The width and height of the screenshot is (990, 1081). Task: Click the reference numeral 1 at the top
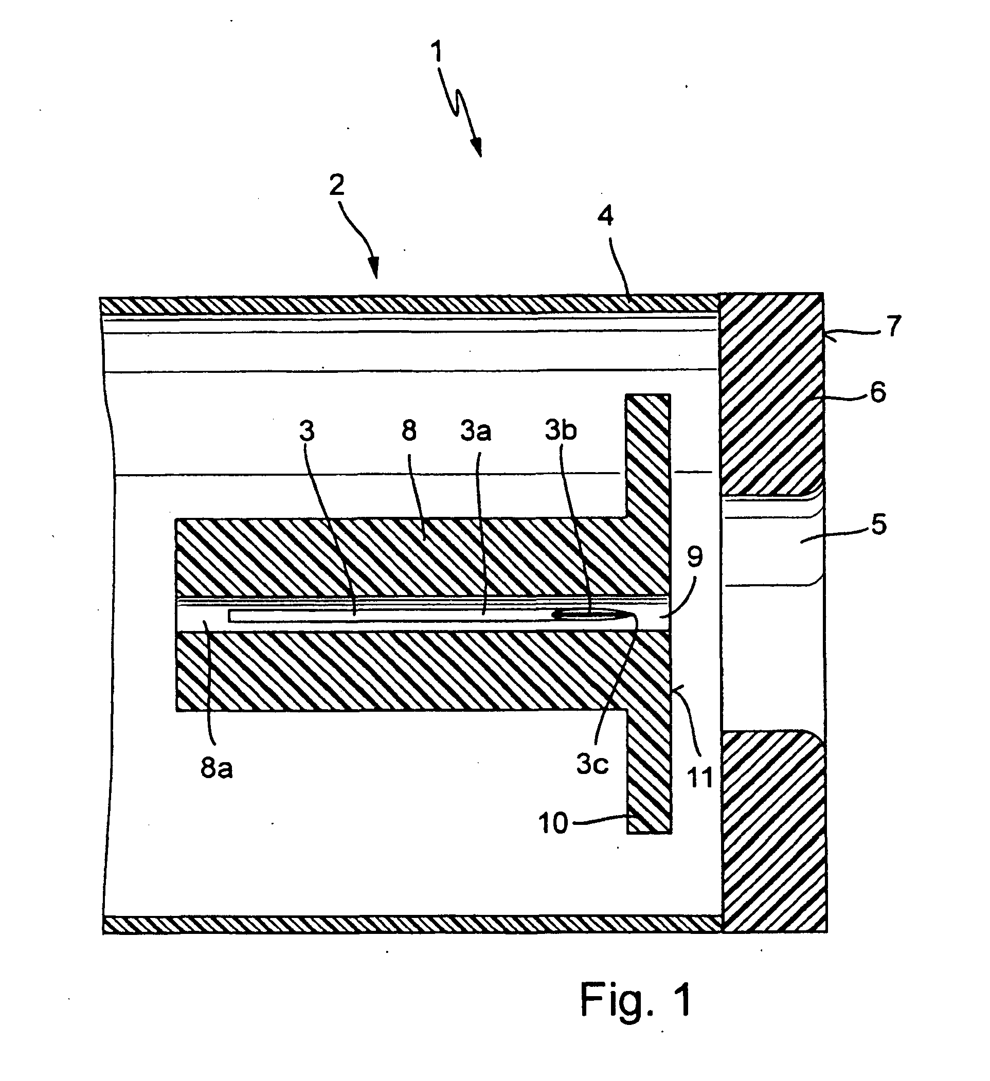[x=438, y=52]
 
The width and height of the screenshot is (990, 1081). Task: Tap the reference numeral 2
[x=337, y=185]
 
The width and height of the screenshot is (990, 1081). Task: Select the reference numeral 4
[x=605, y=215]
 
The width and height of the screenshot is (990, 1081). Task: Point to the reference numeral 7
[x=893, y=326]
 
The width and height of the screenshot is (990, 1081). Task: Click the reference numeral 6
[x=878, y=392]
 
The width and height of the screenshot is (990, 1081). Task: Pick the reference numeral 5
[x=878, y=525]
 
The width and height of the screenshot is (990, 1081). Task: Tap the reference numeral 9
[x=694, y=557]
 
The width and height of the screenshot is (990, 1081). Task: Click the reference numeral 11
[x=700, y=777]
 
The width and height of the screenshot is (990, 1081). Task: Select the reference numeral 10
[x=553, y=822]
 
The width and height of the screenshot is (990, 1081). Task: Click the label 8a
[x=217, y=768]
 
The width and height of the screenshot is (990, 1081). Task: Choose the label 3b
[x=561, y=430]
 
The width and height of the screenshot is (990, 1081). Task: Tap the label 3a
[x=476, y=431]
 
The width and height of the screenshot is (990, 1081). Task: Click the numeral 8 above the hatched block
[x=409, y=430]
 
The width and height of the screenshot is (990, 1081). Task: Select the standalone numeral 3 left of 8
[x=307, y=430]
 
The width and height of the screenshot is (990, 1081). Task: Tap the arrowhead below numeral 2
[x=374, y=267]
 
